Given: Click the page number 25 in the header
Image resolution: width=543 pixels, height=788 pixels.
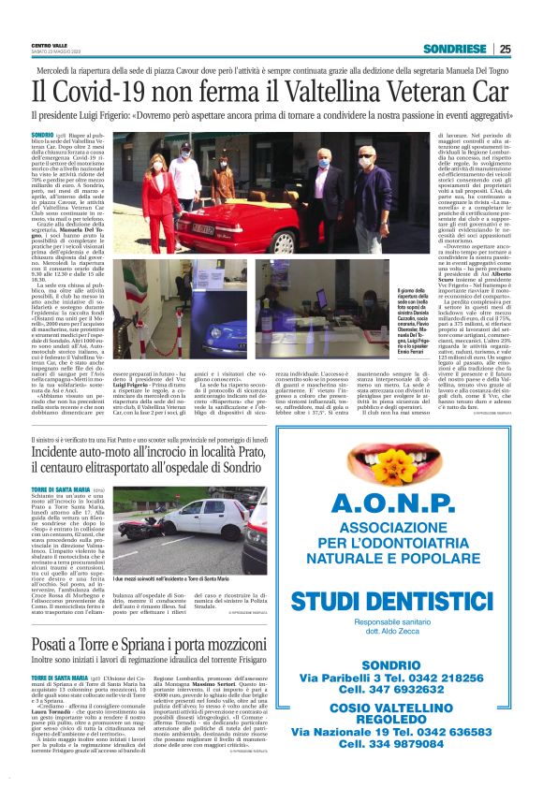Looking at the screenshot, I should pos(505,49).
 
